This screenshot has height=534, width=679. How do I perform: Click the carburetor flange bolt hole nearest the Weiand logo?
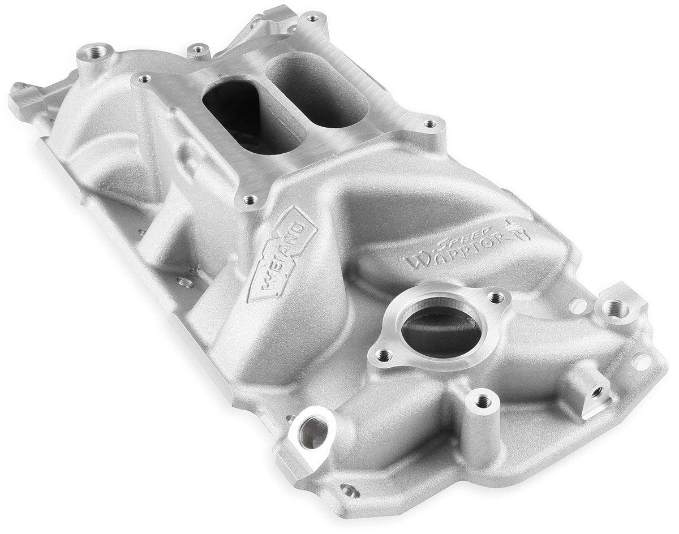(x=250, y=199)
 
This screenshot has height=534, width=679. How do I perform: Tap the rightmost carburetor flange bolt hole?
(x=429, y=123)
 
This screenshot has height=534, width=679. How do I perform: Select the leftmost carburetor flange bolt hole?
(x=144, y=79)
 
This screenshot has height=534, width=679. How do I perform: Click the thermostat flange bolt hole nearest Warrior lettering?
(x=496, y=296)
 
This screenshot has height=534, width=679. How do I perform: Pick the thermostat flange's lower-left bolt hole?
(x=384, y=356)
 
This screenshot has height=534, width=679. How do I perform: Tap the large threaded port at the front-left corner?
(x=311, y=433)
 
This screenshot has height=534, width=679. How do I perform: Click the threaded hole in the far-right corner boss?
(x=615, y=309)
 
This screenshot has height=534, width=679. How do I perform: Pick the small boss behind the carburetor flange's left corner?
(x=198, y=51)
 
